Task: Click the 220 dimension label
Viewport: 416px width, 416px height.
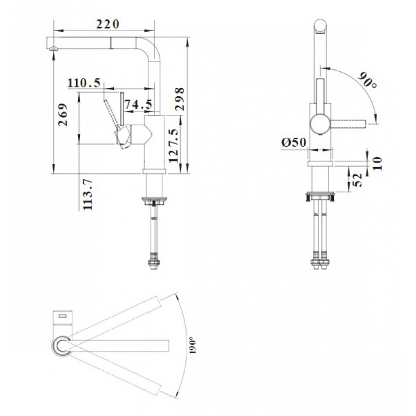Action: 108,24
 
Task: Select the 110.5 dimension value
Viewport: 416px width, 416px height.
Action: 84,83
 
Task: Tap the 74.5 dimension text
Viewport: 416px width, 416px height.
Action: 138,105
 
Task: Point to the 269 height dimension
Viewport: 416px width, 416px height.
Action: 63,114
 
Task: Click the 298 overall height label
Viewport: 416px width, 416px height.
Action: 179,99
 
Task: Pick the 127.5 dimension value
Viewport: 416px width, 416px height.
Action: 173,146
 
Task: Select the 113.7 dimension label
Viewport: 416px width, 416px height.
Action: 87,194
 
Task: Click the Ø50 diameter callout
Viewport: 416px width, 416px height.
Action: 294,142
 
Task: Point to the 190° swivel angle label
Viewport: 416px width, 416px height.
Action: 192,345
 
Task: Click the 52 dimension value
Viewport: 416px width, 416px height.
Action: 358,180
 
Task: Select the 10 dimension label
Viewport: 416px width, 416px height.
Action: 378,163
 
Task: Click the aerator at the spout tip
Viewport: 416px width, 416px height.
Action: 54,48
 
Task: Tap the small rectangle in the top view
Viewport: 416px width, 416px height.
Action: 63,316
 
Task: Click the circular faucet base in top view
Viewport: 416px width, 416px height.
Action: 61,345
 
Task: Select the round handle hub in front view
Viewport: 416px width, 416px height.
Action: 320,124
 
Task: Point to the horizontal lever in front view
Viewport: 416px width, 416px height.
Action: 348,124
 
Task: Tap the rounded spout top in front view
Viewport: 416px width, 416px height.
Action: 320,27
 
